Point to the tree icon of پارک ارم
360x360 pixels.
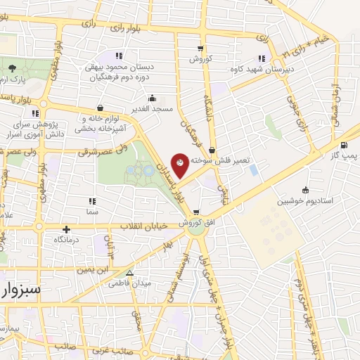13,68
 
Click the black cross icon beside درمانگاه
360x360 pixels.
66,229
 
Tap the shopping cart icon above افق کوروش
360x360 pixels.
196,212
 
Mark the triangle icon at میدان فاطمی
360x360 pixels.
128,274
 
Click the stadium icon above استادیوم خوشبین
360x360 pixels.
305,190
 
